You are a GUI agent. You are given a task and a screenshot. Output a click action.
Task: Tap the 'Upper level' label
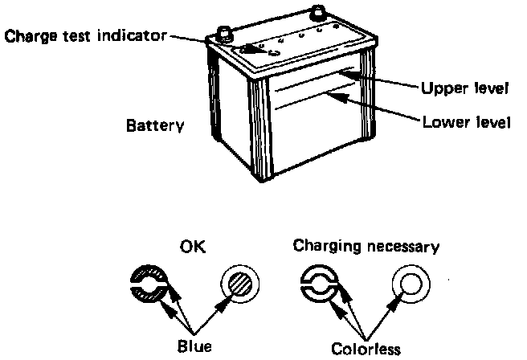[x=465, y=88]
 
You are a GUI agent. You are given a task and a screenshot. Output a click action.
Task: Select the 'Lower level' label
[x=465, y=123]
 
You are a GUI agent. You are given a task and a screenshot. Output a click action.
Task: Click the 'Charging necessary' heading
[x=366, y=246]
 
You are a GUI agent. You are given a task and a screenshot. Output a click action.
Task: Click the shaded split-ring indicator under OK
[x=149, y=285]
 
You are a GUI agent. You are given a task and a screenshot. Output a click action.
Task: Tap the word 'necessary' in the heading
[x=406, y=246]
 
